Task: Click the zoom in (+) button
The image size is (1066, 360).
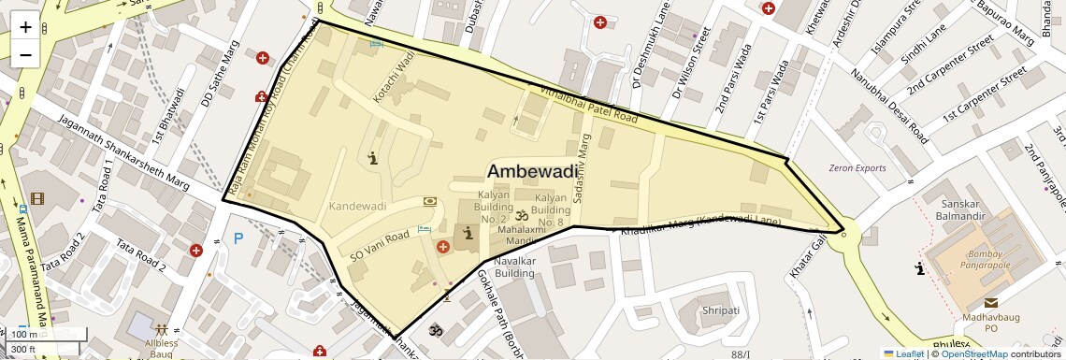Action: point(25,26)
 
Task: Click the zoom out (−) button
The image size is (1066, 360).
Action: point(25,54)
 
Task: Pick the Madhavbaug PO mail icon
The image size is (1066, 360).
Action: point(990,302)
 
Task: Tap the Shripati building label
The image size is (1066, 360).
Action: point(720,310)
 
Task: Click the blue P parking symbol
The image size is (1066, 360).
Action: point(238,238)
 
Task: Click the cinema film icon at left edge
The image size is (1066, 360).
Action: point(37,197)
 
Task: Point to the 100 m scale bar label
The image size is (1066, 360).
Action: point(25,335)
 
